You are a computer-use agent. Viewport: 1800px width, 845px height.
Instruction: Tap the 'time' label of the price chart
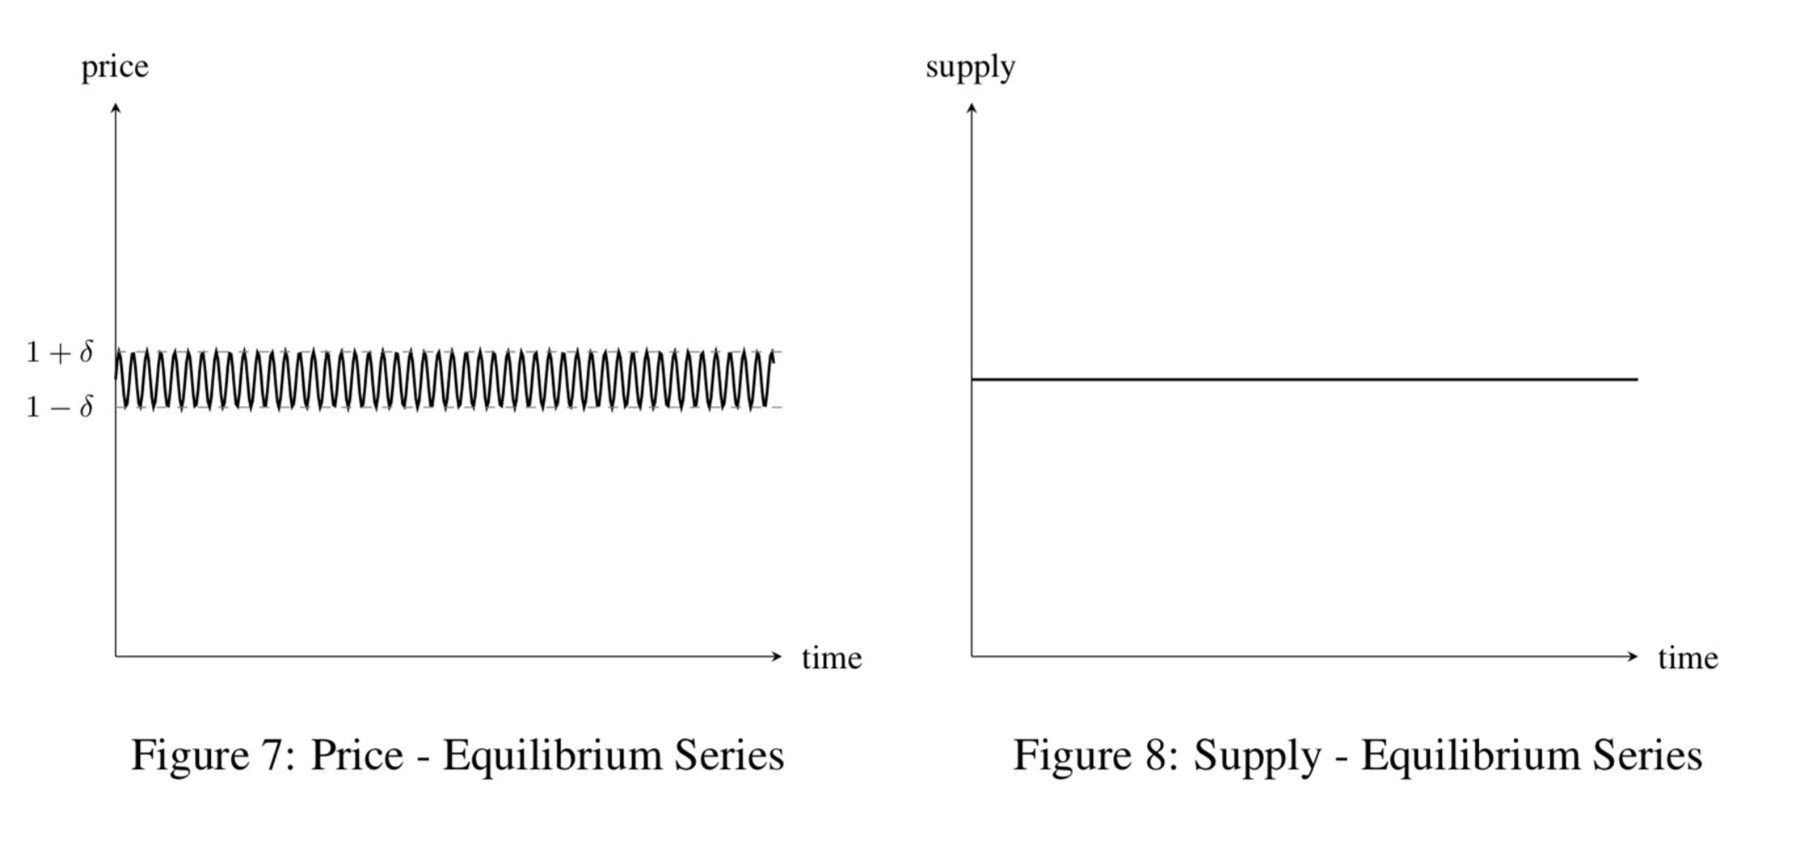coord(832,658)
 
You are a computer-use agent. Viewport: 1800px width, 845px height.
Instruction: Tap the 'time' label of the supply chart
coord(1688,658)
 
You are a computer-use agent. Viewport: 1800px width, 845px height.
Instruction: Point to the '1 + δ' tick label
coord(60,352)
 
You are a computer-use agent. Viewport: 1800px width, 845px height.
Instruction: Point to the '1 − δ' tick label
coord(60,406)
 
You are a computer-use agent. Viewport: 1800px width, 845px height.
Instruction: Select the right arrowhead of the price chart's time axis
coord(778,656)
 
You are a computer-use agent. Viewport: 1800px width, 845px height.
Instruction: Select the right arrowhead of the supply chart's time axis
coord(1633,656)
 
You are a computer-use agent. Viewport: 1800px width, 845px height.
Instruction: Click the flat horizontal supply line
coord(1305,379)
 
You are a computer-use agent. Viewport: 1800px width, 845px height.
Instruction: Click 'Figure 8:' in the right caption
coord(1095,755)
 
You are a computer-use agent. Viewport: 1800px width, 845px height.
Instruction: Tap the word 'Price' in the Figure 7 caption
coord(356,755)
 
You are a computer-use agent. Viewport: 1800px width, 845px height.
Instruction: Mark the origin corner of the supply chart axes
coord(972,656)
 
